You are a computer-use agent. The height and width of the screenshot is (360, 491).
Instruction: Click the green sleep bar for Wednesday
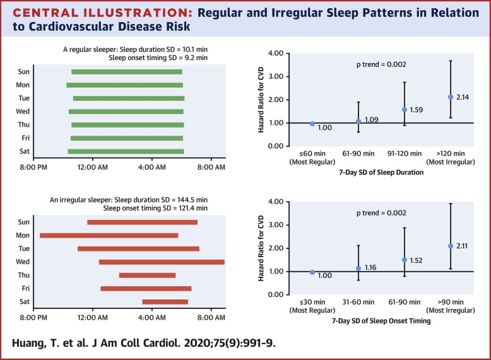tap(126, 112)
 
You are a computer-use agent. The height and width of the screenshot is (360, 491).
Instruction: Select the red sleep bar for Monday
tap(109, 235)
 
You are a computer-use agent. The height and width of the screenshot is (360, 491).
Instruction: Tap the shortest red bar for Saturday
tap(165, 301)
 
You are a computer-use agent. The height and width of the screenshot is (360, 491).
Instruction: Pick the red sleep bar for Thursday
tap(147, 275)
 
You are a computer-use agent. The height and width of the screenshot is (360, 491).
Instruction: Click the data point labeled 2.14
tap(451, 96)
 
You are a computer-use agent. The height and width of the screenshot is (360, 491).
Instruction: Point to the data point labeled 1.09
tap(358, 121)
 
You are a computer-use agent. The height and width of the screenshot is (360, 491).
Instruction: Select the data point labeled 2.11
tap(451, 246)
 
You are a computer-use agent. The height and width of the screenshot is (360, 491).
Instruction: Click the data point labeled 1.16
tap(358, 268)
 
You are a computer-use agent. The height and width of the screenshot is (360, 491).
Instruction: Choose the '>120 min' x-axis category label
tap(451, 153)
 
